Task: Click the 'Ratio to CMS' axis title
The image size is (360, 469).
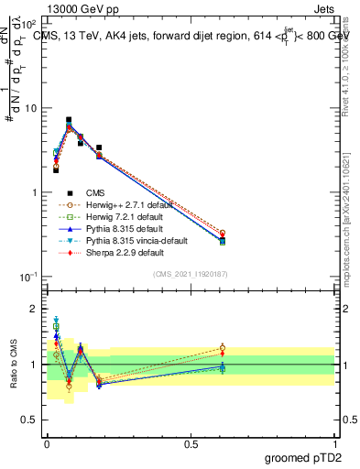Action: point(14,365)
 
